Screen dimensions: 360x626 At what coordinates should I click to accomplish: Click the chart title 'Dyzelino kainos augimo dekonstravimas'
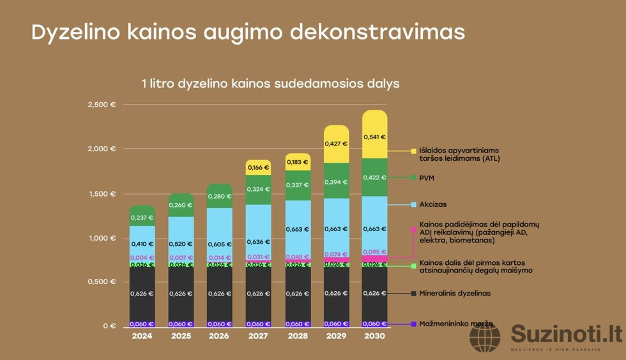248,33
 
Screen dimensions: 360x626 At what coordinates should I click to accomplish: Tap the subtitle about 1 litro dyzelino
270,84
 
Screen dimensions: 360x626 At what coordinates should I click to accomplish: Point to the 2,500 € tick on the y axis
102,105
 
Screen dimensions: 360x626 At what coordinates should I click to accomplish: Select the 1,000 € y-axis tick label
102,238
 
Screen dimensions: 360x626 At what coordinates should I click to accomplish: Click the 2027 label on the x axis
258,336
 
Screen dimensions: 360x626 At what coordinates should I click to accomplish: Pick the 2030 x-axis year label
374,336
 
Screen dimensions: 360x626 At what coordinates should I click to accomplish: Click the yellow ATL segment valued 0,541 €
374,137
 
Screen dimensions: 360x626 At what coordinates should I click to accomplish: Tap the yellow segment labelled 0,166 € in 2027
258,167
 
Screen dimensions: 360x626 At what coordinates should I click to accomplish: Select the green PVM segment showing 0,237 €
142,217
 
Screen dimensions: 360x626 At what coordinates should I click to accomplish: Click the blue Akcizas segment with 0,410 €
142,243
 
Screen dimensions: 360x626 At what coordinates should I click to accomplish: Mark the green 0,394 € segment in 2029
335,181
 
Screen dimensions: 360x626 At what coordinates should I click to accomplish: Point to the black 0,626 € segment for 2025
181,294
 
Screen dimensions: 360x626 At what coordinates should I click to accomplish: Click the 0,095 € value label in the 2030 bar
374,252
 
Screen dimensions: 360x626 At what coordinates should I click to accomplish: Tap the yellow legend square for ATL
413,151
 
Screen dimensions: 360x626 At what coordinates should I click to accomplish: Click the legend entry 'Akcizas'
433,205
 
